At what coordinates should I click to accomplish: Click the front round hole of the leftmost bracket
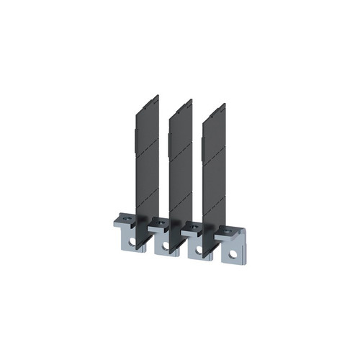[132, 243]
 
